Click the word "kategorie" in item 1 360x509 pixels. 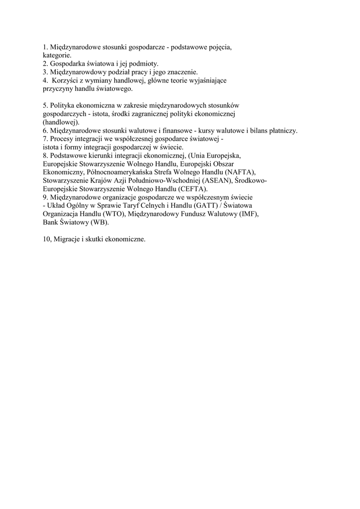click(57, 56)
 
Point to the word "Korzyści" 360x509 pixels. click(65, 81)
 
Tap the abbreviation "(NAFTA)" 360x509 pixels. click(239, 172)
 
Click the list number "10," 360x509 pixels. click(48, 240)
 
